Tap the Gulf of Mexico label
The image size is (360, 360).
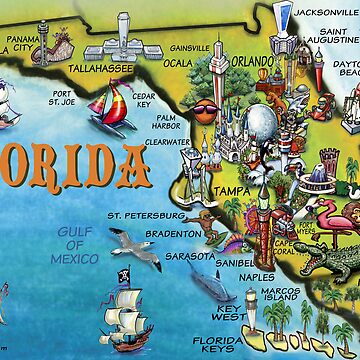coord(75,244)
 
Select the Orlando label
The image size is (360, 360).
coord(251,62)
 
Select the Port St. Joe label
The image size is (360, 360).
coord(59,99)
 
